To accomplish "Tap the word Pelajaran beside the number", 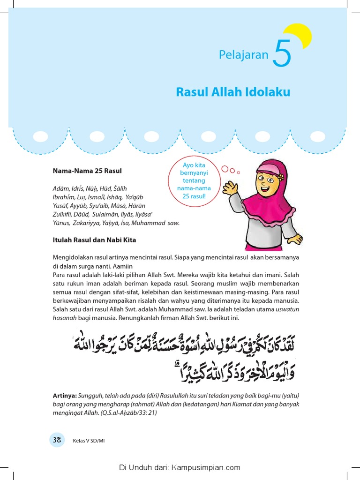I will click(243, 55).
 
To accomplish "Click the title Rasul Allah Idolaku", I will click(233, 92).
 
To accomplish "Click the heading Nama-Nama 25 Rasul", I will click(87, 171).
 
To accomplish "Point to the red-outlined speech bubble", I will click(191, 181).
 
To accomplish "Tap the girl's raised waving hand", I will click(230, 188).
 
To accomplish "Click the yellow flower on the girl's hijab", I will click(280, 178).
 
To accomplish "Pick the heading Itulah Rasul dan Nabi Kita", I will click(94, 240).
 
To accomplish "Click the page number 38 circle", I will click(57, 440).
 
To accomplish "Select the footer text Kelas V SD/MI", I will click(89, 441).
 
